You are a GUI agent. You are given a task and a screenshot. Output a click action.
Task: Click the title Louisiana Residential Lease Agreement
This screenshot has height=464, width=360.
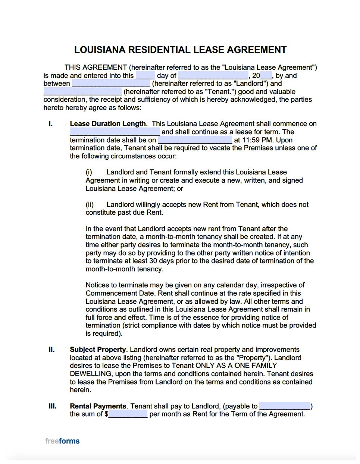pyautogui.click(x=180, y=50)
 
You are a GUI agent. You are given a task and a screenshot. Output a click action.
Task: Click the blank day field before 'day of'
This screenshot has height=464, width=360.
pyautogui.click(x=145, y=76)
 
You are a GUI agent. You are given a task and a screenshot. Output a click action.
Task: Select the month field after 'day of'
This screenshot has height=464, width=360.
pyautogui.click(x=213, y=76)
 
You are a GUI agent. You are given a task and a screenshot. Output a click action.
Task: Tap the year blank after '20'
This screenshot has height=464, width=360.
pyautogui.click(x=266, y=76)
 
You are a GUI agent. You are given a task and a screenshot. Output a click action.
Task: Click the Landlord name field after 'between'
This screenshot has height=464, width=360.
pyautogui.click(x=111, y=84)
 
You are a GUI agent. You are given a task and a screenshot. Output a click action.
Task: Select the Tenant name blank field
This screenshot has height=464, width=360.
pyautogui.click(x=82, y=92)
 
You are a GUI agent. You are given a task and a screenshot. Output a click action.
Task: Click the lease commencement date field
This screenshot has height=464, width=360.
pyautogui.click(x=115, y=132)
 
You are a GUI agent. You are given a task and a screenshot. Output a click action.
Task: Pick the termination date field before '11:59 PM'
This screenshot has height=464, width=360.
pyautogui.click(x=195, y=140)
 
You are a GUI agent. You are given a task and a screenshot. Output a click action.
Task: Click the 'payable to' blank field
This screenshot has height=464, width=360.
pyautogui.click(x=285, y=406)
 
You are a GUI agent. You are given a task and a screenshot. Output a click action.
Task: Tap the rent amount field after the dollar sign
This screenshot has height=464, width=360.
pyautogui.click(x=128, y=414)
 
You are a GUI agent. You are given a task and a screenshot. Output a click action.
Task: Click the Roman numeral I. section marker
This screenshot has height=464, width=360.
pyautogui.click(x=51, y=124)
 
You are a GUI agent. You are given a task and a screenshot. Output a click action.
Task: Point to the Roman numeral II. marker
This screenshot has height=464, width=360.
pyautogui.click(x=51, y=350)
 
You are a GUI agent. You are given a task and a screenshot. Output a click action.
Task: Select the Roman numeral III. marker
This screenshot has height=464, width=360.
pyautogui.click(x=53, y=406)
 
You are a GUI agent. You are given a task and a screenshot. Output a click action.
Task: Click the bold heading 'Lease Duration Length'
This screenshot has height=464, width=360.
pyautogui.click(x=108, y=124)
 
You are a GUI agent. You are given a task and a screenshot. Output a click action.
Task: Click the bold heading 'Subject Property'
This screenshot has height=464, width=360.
pyautogui.click(x=98, y=350)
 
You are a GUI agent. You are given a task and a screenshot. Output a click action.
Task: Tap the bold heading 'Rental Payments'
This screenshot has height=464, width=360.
pyautogui.click(x=98, y=406)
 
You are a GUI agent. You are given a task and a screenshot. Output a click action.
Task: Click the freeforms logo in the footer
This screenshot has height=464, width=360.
pyautogui.click(x=62, y=441)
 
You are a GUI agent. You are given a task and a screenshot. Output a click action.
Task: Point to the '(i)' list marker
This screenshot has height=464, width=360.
pyautogui.click(x=89, y=172)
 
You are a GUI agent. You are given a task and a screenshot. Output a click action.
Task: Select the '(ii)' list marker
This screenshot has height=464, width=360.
pyautogui.click(x=90, y=205)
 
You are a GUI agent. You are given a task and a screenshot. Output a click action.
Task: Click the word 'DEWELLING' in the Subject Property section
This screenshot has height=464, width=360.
pyautogui.click(x=91, y=374)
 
